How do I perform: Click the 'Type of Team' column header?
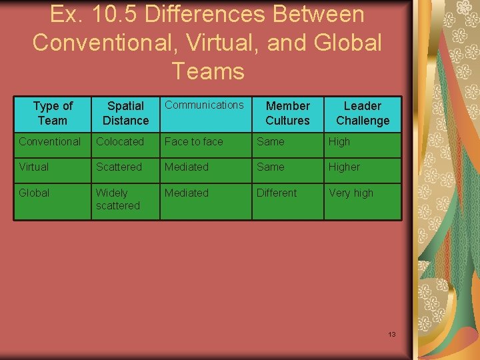(53, 113)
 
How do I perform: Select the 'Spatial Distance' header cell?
(125, 113)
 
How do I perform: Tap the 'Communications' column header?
(204, 105)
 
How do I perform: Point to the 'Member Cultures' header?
(287, 113)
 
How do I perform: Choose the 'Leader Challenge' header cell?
(363, 113)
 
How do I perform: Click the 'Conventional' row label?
(49, 141)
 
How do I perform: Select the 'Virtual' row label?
(33, 167)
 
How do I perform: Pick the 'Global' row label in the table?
(34, 193)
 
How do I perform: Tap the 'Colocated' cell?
(120, 141)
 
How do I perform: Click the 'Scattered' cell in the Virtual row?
(119, 167)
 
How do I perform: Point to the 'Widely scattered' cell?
(118, 199)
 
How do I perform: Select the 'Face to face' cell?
(193, 141)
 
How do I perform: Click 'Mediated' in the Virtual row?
(187, 167)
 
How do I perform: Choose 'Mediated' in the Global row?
(187, 193)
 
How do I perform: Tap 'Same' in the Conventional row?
(271, 141)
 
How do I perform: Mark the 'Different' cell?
(277, 193)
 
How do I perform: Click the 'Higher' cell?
(344, 167)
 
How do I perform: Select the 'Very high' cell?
(351, 193)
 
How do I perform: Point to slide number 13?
(392, 334)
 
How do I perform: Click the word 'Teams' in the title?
(208, 70)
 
